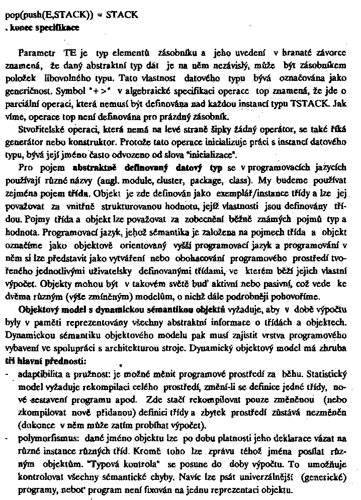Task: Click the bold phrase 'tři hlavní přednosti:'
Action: point(46,361)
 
